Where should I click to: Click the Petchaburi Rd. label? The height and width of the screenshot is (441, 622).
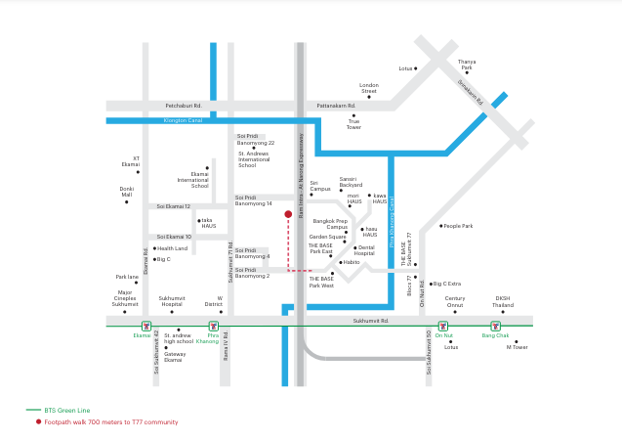pyautogui.click(x=183, y=106)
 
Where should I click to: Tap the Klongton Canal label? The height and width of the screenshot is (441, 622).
pyautogui.click(x=183, y=120)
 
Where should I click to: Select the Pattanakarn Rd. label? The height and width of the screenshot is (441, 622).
pyautogui.click(x=337, y=106)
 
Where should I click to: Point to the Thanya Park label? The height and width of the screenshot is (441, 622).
pyautogui.click(x=467, y=65)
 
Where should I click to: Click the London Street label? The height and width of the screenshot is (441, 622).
pyautogui.click(x=369, y=88)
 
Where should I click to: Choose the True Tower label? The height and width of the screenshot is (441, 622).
pyautogui.click(x=353, y=124)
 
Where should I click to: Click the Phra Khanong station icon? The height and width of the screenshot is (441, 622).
pyautogui.click(x=213, y=326)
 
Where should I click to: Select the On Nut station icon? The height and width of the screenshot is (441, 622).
pyautogui.click(x=442, y=326)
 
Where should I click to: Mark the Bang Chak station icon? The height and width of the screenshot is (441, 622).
pyautogui.click(x=495, y=326)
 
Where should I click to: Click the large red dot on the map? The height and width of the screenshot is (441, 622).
pyautogui.click(x=288, y=213)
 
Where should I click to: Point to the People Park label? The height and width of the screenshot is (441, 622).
pyautogui.click(x=458, y=226)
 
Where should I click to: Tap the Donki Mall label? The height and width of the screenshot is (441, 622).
pyautogui.click(x=127, y=192)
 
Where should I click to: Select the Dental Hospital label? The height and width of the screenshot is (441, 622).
pyautogui.click(x=365, y=250)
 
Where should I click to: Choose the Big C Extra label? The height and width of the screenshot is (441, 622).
pyautogui.click(x=448, y=284)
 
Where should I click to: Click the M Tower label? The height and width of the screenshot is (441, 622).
pyautogui.click(x=517, y=347)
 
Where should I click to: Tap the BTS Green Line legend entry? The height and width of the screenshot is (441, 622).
pyautogui.click(x=66, y=411)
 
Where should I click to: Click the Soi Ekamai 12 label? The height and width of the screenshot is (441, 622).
pyautogui.click(x=174, y=206)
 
